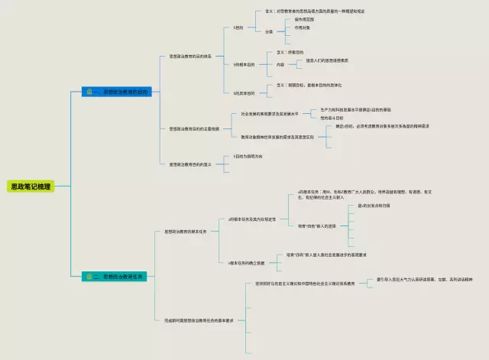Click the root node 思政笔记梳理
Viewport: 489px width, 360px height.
31,186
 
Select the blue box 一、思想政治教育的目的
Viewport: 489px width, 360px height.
118,92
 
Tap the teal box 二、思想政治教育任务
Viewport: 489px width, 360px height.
118,276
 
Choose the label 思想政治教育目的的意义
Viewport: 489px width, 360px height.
190,164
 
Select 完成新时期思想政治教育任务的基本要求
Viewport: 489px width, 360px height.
198,319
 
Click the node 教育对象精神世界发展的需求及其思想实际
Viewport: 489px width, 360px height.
281,137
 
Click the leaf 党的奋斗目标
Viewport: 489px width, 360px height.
332,118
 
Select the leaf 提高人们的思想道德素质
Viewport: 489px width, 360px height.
327,60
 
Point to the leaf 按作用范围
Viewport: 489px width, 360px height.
304,19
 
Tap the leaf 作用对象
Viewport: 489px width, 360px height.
303,28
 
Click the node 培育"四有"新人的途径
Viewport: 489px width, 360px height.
316,226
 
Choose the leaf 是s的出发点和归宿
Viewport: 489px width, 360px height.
374,206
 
